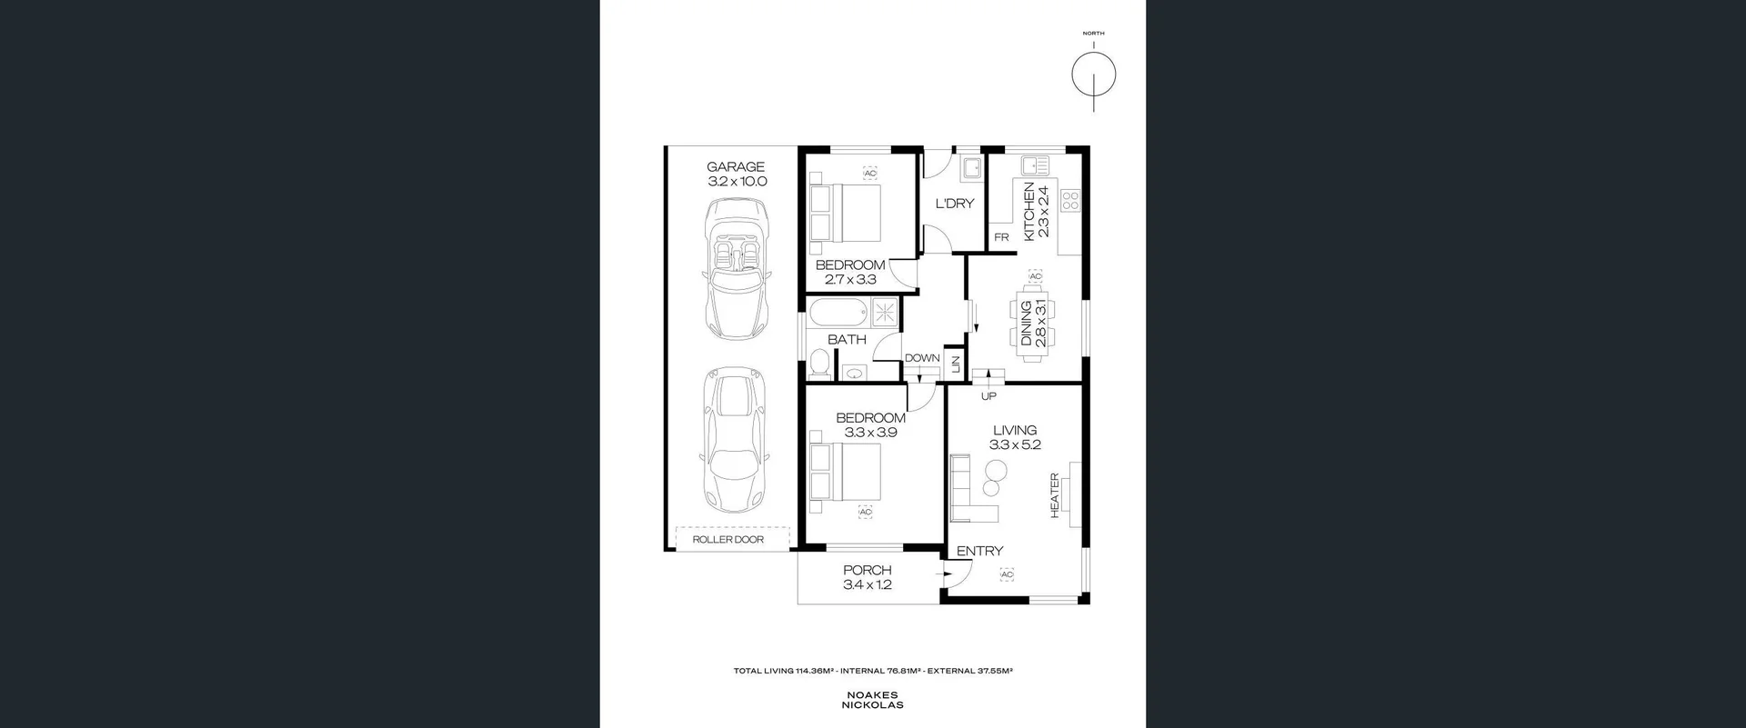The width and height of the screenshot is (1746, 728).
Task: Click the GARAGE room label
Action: pos(736,167)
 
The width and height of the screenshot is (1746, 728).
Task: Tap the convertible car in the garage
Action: pos(737,270)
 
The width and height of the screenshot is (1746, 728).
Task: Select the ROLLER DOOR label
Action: pos(727,540)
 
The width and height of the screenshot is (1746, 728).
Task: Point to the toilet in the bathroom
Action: pos(818,364)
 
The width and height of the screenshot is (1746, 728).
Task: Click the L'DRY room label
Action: pos(954,204)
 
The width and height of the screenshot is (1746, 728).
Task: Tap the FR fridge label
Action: pos(1001,238)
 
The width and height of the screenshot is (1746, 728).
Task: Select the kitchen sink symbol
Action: pos(1034,165)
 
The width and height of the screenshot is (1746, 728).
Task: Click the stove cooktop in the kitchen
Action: pos(1070,200)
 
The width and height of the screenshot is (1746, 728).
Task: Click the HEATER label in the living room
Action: pos(1055,495)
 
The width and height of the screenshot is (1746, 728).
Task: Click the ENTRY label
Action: pos(979,551)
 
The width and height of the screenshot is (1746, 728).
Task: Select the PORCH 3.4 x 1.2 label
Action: pos(867,578)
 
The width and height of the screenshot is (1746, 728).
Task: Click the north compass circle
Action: pos(1093,75)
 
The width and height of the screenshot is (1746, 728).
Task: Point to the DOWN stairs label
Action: pos(921,358)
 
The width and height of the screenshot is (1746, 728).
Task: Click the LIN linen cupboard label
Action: pos(955,364)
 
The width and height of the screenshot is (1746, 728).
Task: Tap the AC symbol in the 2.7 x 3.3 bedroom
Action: pos(869,174)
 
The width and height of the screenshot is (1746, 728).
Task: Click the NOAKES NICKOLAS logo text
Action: pos(872,700)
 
